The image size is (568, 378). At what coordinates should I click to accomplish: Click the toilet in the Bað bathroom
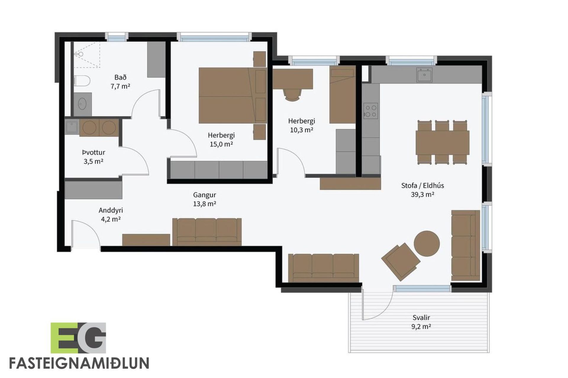[x=81, y=81]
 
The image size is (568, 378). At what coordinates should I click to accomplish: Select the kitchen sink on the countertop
[x=425, y=74]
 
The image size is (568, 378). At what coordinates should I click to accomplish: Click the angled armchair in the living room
[x=401, y=262]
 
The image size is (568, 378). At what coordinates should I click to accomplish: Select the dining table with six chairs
[x=443, y=142]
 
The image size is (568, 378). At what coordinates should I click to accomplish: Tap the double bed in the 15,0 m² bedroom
[x=233, y=95]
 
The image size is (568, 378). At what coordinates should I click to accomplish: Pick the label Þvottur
[x=93, y=153]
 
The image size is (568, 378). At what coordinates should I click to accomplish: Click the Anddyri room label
[x=111, y=210]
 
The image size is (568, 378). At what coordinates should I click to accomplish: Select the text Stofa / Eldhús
[x=422, y=185]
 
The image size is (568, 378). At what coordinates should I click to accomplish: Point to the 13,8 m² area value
[x=204, y=204]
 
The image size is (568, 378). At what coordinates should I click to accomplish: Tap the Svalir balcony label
[x=421, y=318]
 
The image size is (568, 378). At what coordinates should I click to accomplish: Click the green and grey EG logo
[x=78, y=338]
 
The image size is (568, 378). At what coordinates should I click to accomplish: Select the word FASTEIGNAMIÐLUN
[x=79, y=363]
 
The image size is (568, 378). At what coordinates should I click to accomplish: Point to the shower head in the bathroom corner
[x=80, y=54]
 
